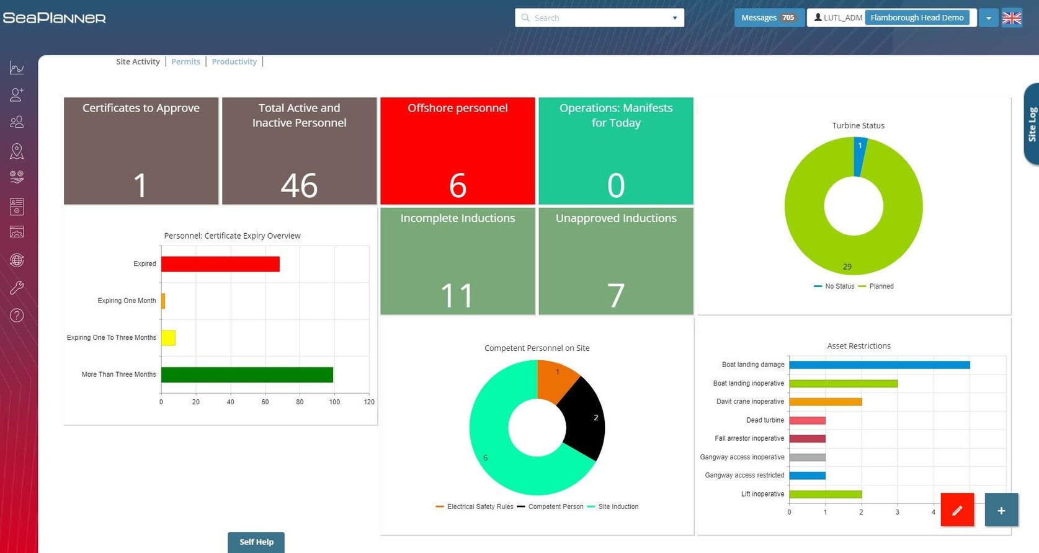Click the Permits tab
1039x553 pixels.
(185, 61)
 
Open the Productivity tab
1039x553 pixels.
(234, 61)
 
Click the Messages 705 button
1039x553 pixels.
(769, 17)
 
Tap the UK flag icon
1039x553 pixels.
(1012, 18)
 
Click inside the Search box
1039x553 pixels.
(595, 18)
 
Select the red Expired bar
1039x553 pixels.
(220, 264)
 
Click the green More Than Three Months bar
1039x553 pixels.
(247, 374)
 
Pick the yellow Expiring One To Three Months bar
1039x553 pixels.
(168, 338)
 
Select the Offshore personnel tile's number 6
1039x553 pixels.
(457, 185)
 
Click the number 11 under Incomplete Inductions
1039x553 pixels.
(457, 296)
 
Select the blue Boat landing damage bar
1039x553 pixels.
(879, 365)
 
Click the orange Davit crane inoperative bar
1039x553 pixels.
(825, 402)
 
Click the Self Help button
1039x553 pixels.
(256, 542)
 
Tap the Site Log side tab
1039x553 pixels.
(1032, 125)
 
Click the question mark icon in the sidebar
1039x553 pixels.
(17, 316)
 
